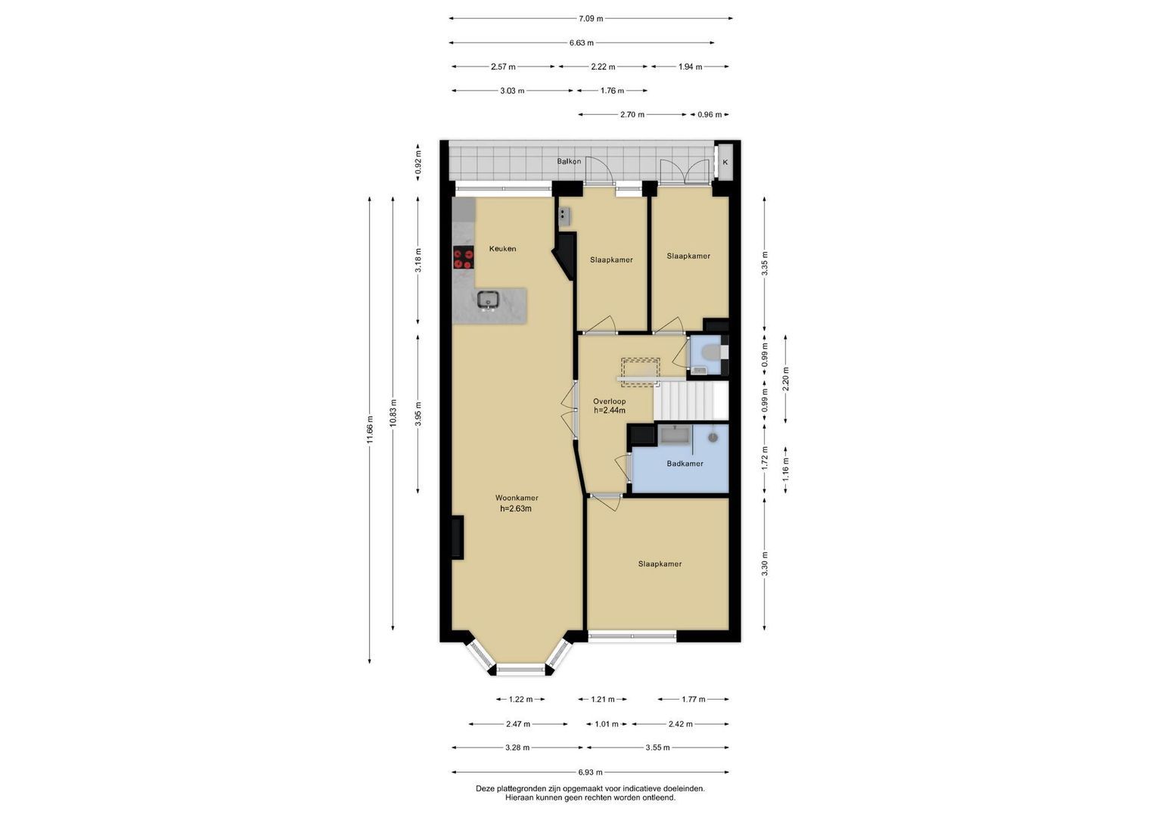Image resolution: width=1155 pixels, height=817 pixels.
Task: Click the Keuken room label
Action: point(502,249)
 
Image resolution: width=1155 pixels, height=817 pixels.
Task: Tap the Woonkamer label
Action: point(516,498)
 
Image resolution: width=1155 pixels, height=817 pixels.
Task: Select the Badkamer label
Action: point(685,463)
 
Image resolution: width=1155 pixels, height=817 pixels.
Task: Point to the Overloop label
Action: point(609,401)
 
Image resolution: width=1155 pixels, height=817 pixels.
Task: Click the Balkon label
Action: point(569,161)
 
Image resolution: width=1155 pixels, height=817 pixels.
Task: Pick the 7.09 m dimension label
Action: point(591,19)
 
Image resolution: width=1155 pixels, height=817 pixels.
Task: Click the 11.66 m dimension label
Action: point(369,429)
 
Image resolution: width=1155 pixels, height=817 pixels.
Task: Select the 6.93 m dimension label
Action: point(590,772)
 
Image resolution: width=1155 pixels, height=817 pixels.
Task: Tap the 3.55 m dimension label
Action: point(657,747)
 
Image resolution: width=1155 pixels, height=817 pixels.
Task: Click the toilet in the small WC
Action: point(713,353)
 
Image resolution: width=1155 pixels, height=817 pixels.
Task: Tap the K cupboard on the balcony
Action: point(725,162)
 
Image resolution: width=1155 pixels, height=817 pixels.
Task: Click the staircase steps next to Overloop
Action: point(691,401)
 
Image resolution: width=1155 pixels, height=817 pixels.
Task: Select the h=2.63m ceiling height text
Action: point(516,508)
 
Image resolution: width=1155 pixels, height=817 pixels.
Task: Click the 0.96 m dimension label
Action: point(709,114)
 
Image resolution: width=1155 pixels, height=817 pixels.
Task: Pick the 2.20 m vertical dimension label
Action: point(786,378)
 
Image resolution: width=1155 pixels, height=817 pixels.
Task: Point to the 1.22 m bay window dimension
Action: point(520,700)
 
